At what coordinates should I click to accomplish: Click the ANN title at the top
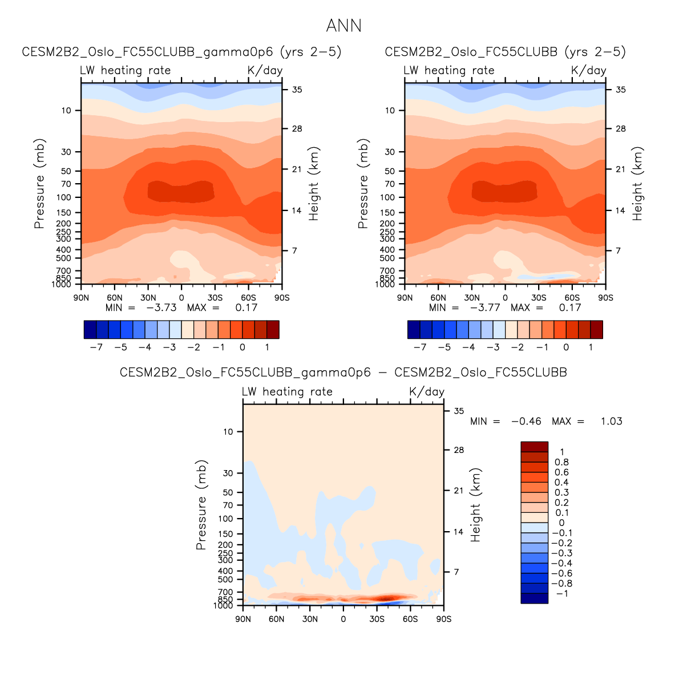[343, 26]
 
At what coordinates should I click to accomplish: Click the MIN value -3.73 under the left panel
[161, 307]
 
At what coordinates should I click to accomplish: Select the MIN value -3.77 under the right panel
[485, 307]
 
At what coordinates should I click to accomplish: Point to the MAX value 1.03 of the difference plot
[611, 421]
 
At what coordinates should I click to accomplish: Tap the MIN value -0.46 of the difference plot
[526, 421]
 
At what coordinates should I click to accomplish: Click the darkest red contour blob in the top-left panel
[181, 191]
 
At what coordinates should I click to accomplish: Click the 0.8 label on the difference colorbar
[562, 462]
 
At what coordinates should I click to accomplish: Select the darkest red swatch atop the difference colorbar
[534, 447]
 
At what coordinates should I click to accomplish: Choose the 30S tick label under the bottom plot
[377, 619]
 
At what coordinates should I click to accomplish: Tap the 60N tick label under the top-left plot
[115, 298]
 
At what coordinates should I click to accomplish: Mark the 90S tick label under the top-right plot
[605, 298]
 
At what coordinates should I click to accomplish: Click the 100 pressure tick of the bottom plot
[226, 519]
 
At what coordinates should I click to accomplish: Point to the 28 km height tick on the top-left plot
[297, 129]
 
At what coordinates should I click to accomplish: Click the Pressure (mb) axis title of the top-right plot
[363, 184]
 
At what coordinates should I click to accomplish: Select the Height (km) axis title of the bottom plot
[476, 505]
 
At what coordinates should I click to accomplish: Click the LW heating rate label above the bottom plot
[287, 391]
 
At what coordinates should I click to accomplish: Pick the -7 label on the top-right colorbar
[420, 347]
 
